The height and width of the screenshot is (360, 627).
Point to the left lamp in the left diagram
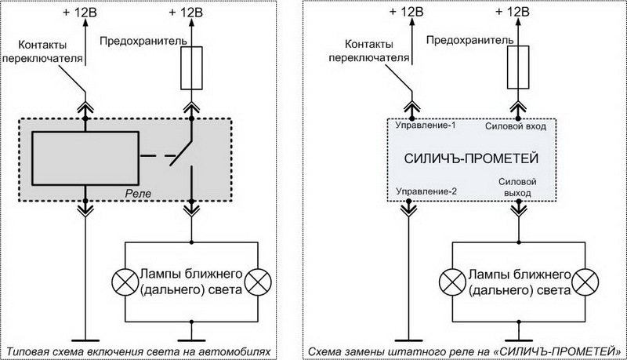coord(125,280)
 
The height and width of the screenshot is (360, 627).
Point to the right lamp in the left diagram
coord(256,280)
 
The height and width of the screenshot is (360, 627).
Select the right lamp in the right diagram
coord(583,280)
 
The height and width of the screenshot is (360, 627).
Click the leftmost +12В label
coord(82,12)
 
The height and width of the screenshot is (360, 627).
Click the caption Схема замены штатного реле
coord(466,350)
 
